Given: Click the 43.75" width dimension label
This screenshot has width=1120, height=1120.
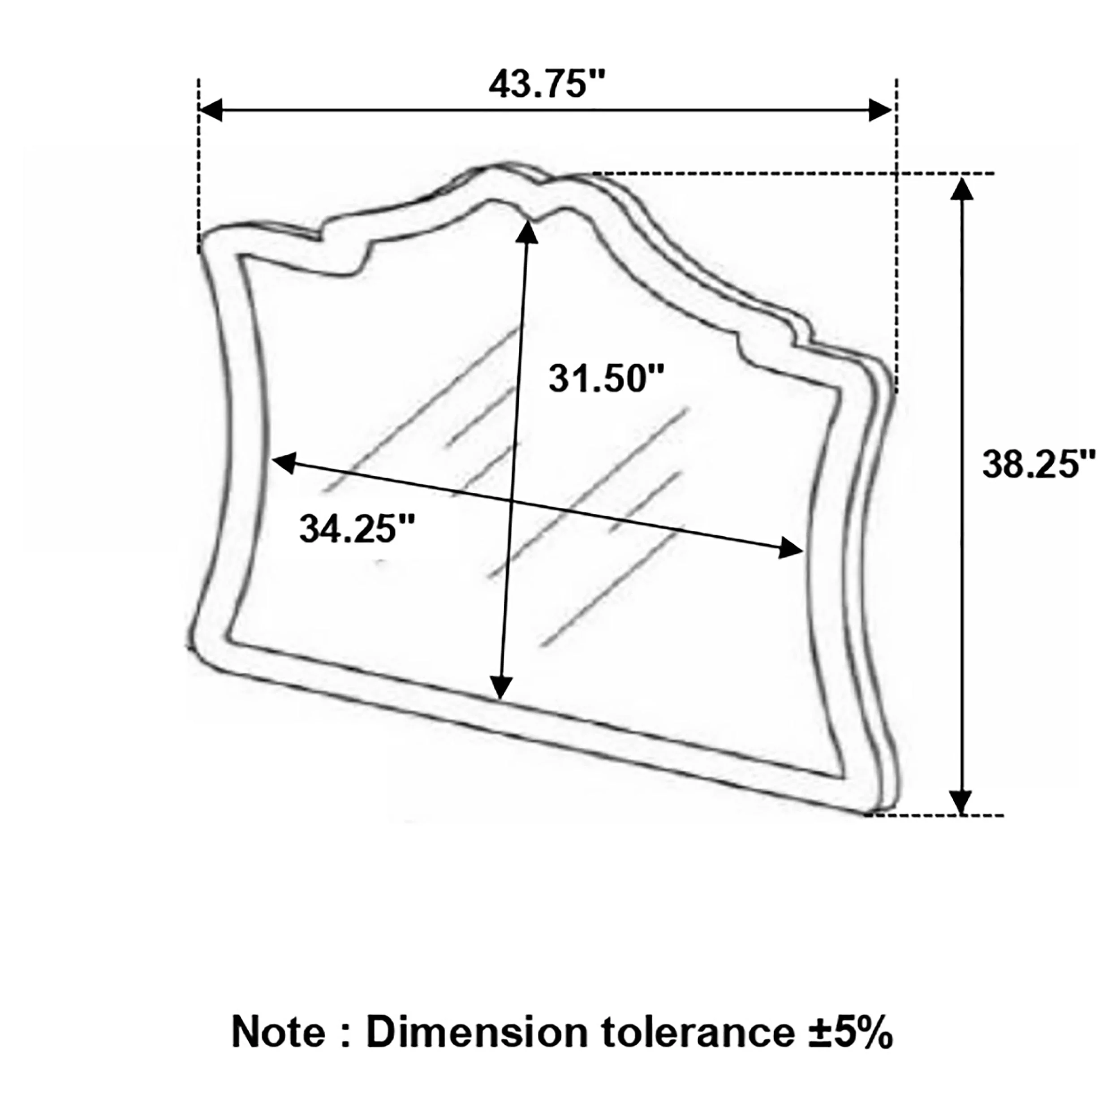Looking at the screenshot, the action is [x=547, y=85].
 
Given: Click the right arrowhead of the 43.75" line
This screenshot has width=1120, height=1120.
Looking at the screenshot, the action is [x=879, y=110].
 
